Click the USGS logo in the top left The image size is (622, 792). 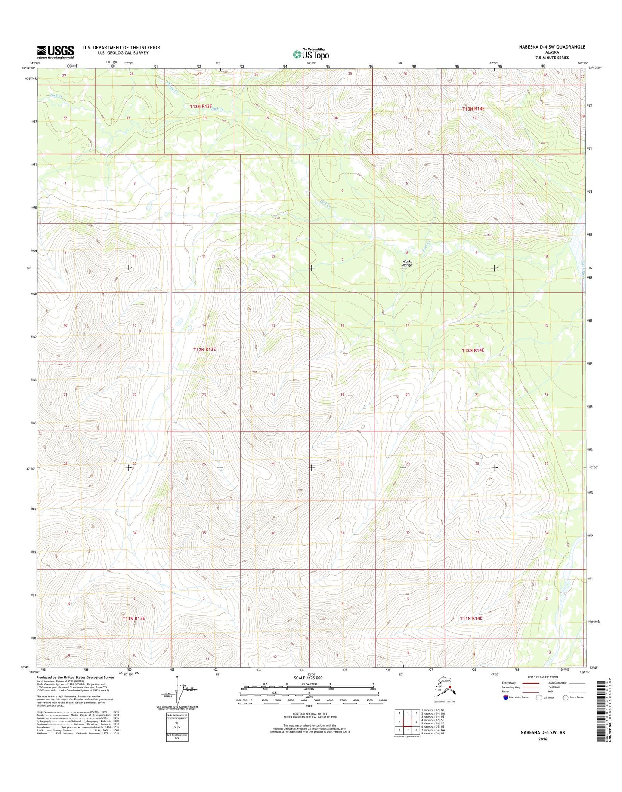click(x=55, y=52)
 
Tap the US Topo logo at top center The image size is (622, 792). click(x=311, y=54)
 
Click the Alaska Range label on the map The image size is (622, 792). click(x=407, y=263)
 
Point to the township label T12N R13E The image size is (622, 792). click(x=204, y=350)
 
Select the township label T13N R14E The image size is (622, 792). click(x=473, y=109)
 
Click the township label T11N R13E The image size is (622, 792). click(x=133, y=618)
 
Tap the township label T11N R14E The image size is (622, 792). click(x=470, y=618)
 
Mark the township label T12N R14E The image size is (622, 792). click(x=473, y=350)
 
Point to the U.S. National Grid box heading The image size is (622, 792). click(x=176, y=715)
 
